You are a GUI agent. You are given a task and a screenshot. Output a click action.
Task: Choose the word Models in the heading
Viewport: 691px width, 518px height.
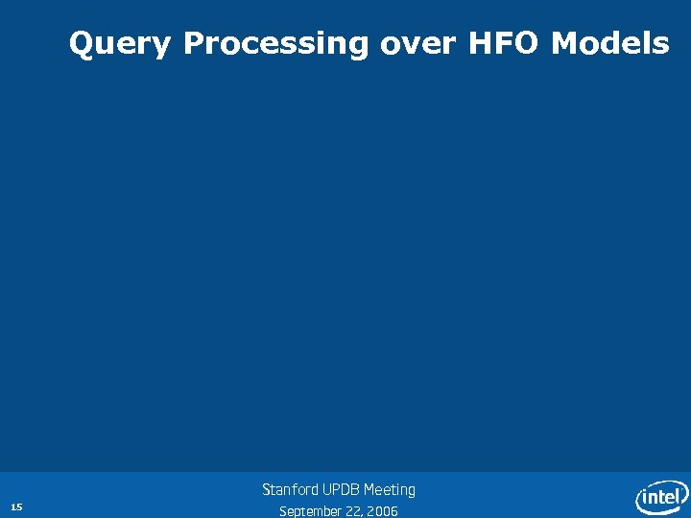(x=610, y=43)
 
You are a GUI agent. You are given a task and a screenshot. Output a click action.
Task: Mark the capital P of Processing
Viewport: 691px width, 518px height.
(x=192, y=43)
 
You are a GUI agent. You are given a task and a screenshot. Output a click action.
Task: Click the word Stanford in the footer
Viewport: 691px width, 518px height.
(x=292, y=489)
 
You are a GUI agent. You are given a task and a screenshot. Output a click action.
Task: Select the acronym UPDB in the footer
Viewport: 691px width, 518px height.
(x=342, y=489)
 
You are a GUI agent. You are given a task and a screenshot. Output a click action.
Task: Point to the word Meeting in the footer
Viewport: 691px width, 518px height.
(x=390, y=490)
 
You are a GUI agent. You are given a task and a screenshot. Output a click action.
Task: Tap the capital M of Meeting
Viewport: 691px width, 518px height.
(x=369, y=489)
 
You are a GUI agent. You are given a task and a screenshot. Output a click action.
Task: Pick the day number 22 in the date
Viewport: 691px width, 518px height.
(x=352, y=511)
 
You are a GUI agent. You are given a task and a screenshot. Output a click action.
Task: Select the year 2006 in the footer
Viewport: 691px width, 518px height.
(x=382, y=511)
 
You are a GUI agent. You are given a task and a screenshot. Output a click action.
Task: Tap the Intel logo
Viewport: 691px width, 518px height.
(x=662, y=496)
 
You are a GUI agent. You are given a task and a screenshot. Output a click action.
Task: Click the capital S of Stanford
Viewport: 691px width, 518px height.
(x=267, y=489)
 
